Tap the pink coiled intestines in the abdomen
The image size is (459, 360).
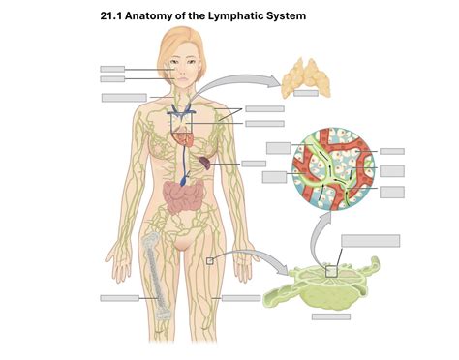click(x=184, y=197)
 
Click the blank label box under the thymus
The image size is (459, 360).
click(x=307, y=95)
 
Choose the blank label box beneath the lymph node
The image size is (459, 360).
click(x=331, y=316)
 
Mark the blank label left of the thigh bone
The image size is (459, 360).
click(x=118, y=298)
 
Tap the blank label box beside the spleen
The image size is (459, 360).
click(x=253, y=164)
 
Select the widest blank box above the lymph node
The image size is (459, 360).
click(x=370, y=241)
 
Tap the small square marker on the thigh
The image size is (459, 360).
click(x=210, y=260)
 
